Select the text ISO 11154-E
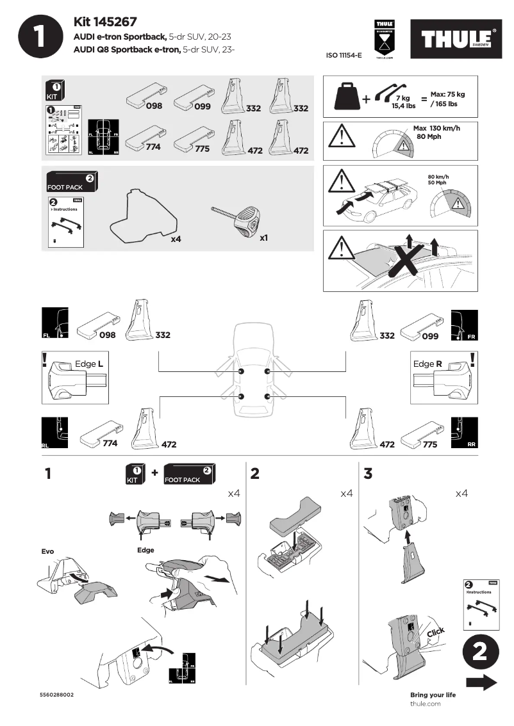tap(344, 56)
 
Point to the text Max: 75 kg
tap(447, 94)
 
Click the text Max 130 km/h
tap(437, 128)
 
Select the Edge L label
tap(89, 364)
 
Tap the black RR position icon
tap(464, 432)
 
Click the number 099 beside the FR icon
tap(430, 335)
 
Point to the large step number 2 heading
tap(255, 474)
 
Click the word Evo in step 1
tap(48, 551)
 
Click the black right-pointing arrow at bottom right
tap(481, 683)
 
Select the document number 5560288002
tap(56, 695)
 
